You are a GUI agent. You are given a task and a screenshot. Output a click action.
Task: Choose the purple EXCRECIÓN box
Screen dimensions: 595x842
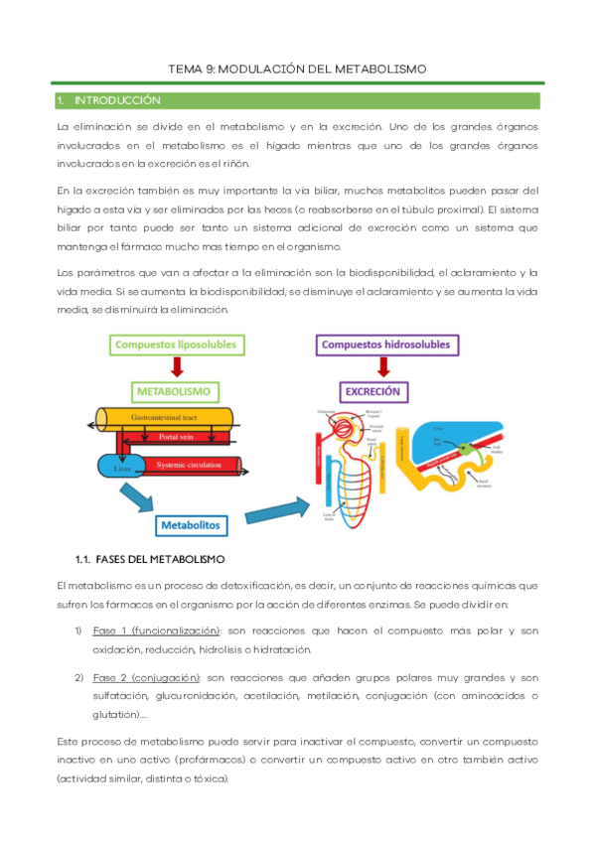pos(372,391)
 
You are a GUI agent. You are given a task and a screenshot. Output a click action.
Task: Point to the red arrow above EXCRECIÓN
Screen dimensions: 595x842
pos(373,367)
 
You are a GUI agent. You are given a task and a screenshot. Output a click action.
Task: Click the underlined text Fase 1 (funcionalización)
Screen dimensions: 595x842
pos(156,631)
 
